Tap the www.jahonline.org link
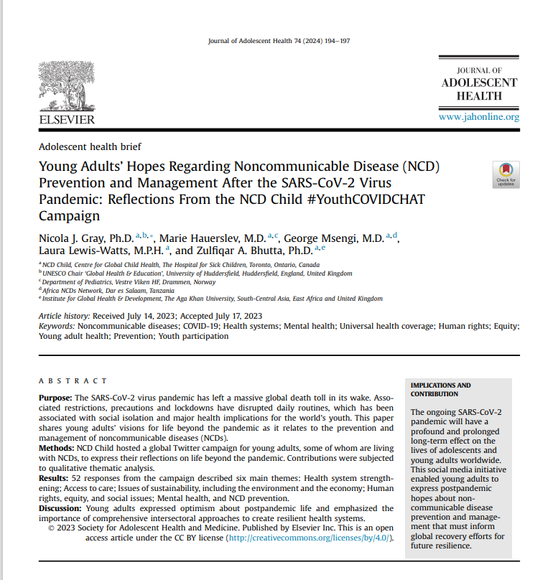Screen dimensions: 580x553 [478, 117]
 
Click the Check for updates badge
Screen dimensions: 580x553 [506, 175]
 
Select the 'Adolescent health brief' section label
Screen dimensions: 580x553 [90, 147]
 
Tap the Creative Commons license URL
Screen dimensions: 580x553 [309, 538]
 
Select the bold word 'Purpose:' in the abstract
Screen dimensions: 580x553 [55, 398]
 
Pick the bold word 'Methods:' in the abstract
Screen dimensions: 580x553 [56, 447]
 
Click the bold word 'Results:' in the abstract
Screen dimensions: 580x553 [55, 477]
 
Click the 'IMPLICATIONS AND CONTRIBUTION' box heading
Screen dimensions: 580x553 [441, 390]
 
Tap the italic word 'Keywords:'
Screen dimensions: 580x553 [57, 326]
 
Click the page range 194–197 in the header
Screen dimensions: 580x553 [336, 42]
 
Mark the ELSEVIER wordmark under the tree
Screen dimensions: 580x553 [66, 119]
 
